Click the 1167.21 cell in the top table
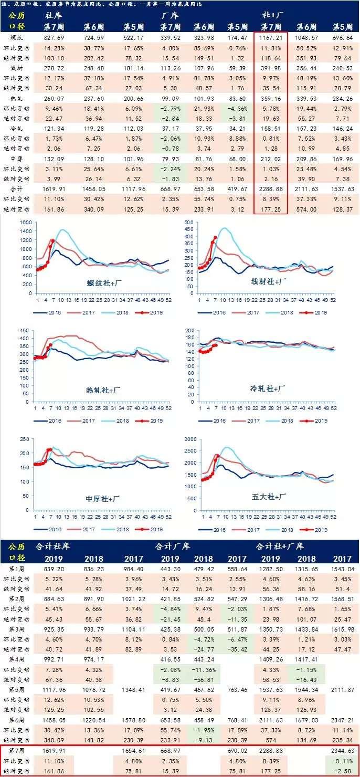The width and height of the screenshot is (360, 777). point(271,38)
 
